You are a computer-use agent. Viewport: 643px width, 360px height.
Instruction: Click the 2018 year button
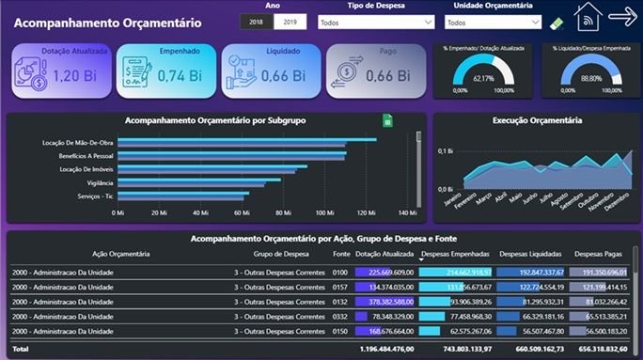click(256, 22)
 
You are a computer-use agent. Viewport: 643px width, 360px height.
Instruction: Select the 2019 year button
click(290, 22)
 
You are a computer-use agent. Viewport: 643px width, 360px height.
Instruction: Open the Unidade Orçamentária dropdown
click(493, 22)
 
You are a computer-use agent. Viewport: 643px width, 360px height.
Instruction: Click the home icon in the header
click(588, 18)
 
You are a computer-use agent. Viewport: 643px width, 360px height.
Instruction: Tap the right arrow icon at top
click(622, 16)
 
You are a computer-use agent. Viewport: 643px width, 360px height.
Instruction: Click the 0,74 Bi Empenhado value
click(180, 74)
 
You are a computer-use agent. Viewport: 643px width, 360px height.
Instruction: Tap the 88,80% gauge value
click(589, 78)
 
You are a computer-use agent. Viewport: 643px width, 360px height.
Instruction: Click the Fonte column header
click(339, 254)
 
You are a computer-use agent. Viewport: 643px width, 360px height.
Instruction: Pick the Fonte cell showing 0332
click(339, 318)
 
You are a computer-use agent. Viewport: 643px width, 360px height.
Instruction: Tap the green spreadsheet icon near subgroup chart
click(387, 121)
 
